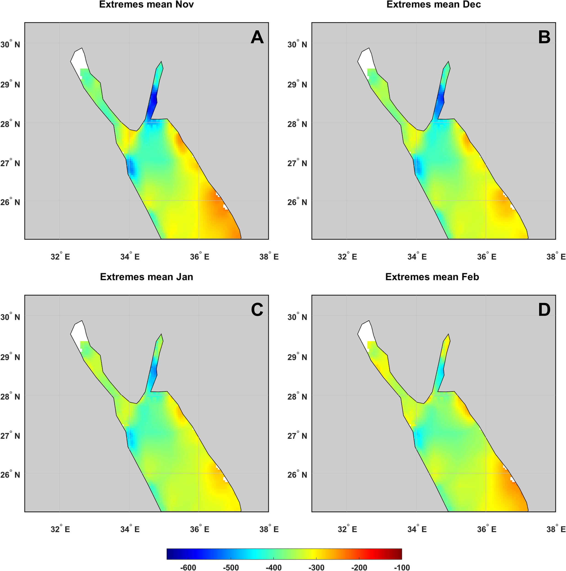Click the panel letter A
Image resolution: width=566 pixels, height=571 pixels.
tap(257, 37)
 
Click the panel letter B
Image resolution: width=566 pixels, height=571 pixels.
tap(544, 37)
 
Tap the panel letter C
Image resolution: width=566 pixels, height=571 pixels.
tap(257, 310)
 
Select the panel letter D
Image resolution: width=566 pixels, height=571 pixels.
tap(544, 310)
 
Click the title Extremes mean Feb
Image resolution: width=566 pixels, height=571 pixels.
tap(432, 277)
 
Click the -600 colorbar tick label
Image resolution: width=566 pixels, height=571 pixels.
tap(188, 567)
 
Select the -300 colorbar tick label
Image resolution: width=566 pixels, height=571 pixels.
tap(316, 567)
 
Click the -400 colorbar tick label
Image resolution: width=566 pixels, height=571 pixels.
tap(273, 567)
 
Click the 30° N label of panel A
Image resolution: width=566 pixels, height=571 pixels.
tap(10, 44)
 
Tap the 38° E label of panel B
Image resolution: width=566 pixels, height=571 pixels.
tap(556, 256)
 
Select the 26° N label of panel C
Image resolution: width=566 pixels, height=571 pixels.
tap(10, 475)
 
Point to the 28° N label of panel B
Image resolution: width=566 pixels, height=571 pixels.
tap(297, 124)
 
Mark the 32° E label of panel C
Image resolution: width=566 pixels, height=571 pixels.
tap(60, 529)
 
